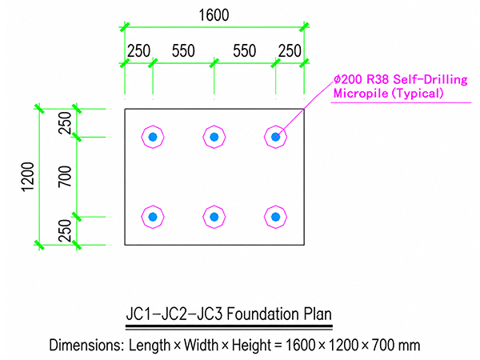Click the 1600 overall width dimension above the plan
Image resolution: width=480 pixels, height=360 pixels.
[x=214, y=15]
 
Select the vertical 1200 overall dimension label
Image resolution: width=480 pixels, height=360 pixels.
[x=27, y=177]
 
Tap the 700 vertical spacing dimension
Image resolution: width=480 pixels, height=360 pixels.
[x=65, y=176]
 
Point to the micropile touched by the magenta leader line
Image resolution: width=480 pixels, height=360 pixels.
[x=275, y=137]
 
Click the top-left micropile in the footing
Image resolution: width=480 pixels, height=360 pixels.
[x=153, y=137]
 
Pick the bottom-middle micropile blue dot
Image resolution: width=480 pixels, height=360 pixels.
[x=214, y=217]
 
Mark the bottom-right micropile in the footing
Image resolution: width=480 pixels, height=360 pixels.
[x=275, y=217]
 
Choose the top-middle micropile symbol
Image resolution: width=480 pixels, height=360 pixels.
[x=214, y=137]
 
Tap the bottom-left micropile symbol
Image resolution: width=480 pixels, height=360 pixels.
[x=153, y=217]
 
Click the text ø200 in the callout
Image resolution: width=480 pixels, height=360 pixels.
[x=348, y=79]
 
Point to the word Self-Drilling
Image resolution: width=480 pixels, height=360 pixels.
[x=430, y=79]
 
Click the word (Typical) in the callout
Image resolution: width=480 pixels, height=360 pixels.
[x=418, y=93]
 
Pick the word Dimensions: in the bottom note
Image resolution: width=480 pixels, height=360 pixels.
[x=86, y=345]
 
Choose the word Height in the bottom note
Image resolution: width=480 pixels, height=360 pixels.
[x=251, y=346]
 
